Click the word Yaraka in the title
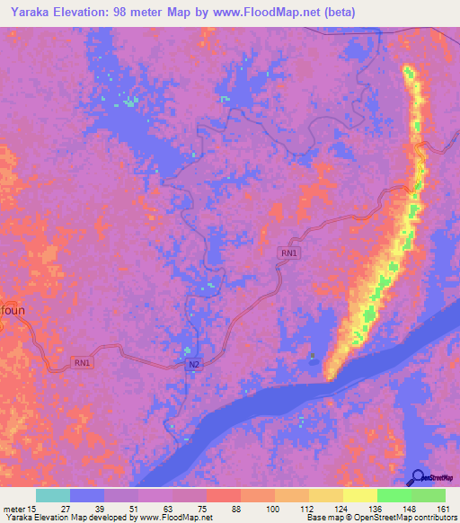coord(27,12)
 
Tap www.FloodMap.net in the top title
coord(270,12)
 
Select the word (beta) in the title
coord(340,12)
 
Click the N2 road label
coord(194,364)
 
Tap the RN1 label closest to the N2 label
coord(82,362)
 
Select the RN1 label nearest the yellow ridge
coord(288,253)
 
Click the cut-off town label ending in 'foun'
coord(10,305)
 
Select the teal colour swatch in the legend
coord(53,495)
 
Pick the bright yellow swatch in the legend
coord(359,495)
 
